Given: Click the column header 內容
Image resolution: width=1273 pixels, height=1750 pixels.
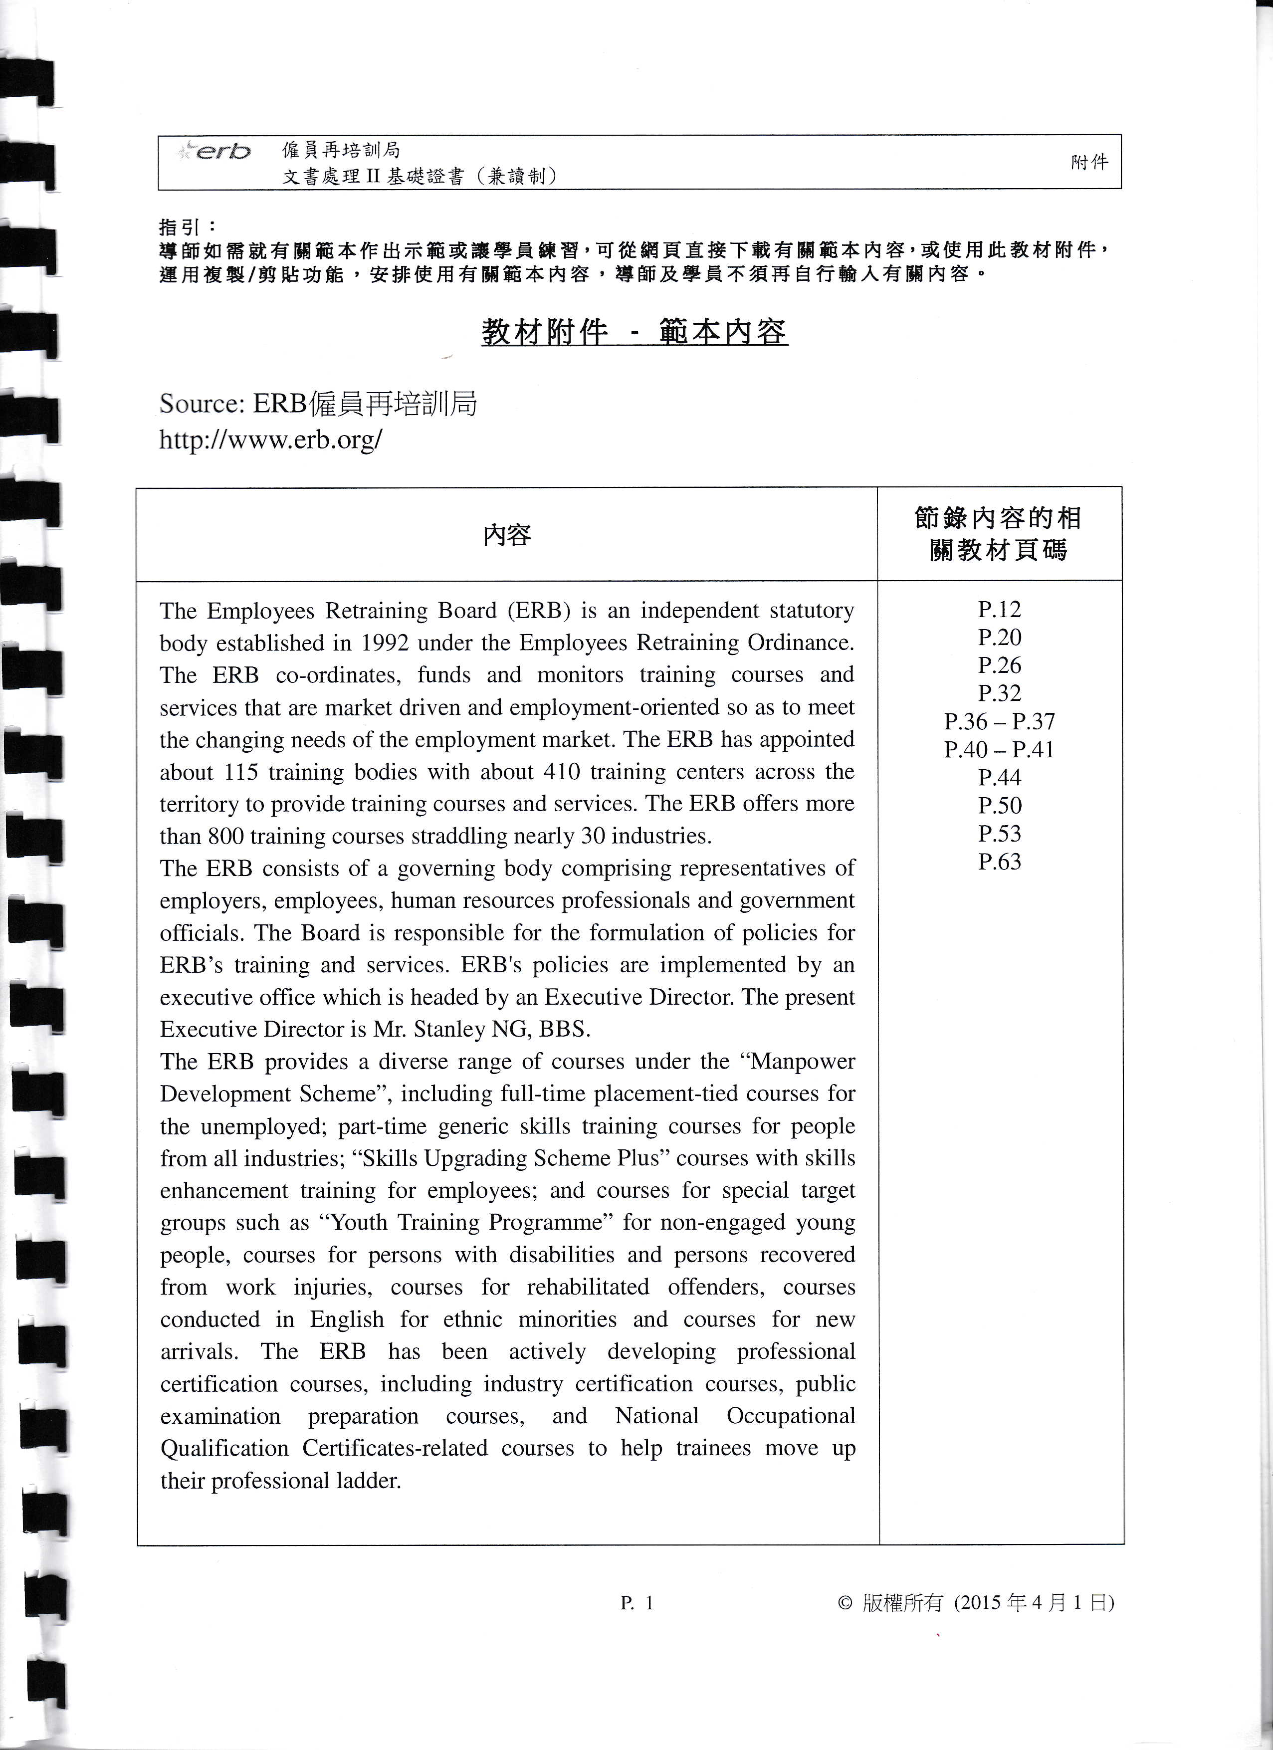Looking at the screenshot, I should (x=507, y=535).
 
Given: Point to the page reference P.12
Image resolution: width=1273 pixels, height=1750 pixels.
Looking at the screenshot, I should (x=999, y=610).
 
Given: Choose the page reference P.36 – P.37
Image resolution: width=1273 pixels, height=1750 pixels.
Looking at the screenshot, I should (x=999, y=721).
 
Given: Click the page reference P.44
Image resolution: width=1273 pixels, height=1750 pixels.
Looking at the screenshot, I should (x=999, y=778).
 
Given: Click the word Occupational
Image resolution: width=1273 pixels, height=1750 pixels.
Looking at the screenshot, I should (x=791, y=1416).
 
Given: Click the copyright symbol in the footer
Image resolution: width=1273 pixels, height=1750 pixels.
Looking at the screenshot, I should (x=845, y=1603).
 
